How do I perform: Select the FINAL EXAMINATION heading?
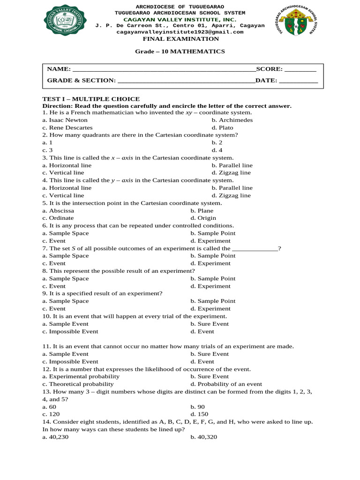point(180,39)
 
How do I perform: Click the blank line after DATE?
point(298,81)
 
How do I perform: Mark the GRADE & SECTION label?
point(81,81)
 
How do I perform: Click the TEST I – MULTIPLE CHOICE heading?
point(91,99)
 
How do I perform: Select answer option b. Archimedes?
point(232,120)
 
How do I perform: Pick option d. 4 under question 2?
point(217,150)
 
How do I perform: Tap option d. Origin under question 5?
point(203,218)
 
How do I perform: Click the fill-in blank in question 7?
point(255,248)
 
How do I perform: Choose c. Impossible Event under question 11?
point(70,361)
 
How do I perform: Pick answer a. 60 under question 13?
point(49,407)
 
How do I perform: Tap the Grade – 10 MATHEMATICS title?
point(180,51)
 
